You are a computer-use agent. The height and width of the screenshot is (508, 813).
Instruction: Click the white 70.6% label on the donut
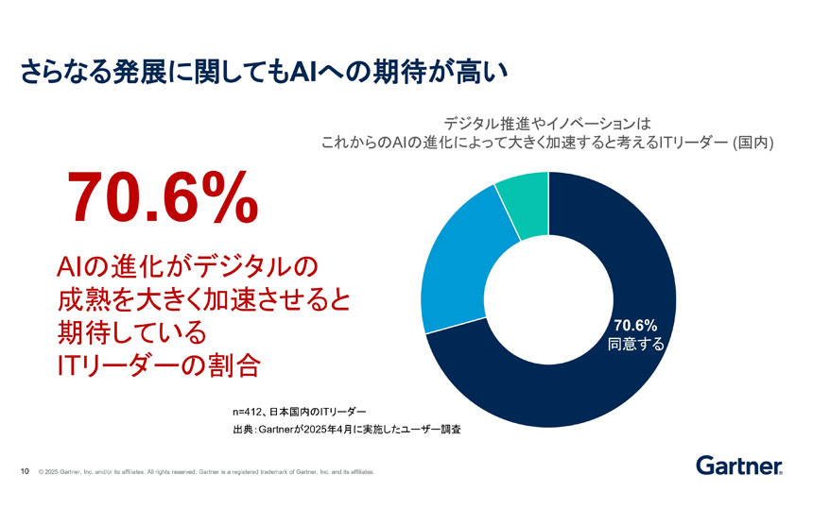click(x=636, y=326)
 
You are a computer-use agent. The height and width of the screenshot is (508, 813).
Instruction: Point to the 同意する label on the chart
click(x=636, y=345)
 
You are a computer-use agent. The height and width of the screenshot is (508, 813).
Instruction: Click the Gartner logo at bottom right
click(x=738, y=466)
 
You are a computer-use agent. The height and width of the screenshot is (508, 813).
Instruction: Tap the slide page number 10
click(x=26, y=471)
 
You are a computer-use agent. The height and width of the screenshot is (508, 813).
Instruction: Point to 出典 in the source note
click(x=243, y=430)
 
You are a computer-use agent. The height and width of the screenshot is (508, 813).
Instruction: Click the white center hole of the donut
click(x=548, y=299)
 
